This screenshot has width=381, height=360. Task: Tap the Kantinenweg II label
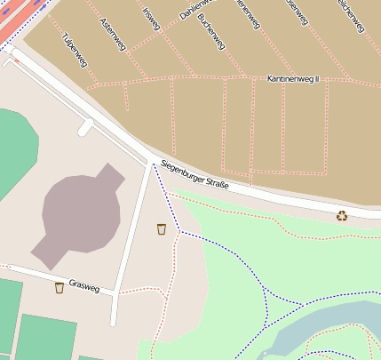(x=292, y=80)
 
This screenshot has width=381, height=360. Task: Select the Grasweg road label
(x=87, y=284)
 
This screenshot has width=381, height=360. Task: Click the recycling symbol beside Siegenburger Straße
(x=342, y=215)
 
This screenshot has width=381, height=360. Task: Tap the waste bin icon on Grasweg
(x=60, y=287)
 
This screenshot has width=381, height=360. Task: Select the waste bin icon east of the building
(x=161, y=229)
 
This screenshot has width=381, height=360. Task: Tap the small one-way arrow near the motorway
(x=13, y=60)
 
